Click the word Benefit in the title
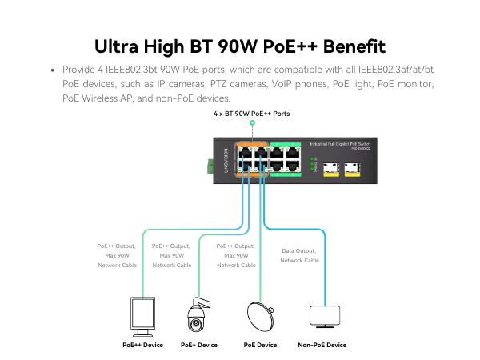tap(344, 45)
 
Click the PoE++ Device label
tap(142, 345)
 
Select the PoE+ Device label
tap(199, 345)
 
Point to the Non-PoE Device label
tap(322, 345)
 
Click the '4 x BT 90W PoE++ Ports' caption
tap(252, 114)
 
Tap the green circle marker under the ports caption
tap(252, 125)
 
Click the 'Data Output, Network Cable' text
tap(300, 255)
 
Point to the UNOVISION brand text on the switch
tap(226, 162)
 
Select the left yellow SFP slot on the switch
tap(330, 170)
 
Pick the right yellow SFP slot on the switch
tap(352, 170)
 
